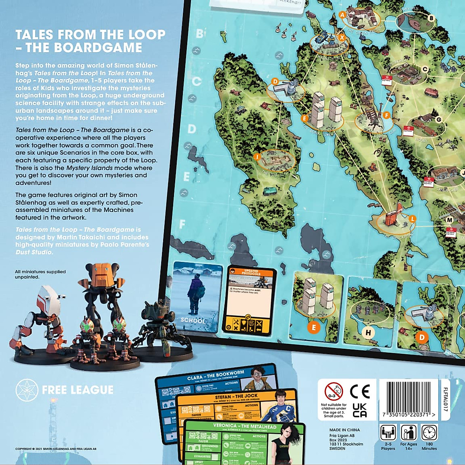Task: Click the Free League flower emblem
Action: (x=27, y=390)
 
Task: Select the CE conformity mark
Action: (x=360, y=391)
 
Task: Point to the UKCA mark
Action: (x=360, y=410)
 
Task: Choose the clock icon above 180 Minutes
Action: (x=429, y=432)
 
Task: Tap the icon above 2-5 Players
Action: (x=388, y=432)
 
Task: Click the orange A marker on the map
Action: (x=342, y=15)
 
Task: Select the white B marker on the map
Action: (x=431, y=18)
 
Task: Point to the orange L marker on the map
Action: (x=412, y=219)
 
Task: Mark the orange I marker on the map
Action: (x=257, y=157)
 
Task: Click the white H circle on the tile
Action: (x=368, y=332)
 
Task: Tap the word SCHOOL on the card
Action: (x=193, y=320)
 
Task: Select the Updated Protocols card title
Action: (x=251, y=272)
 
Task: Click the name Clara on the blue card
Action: (x=195, y=378)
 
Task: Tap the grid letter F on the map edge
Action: (x=182, y=224)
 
